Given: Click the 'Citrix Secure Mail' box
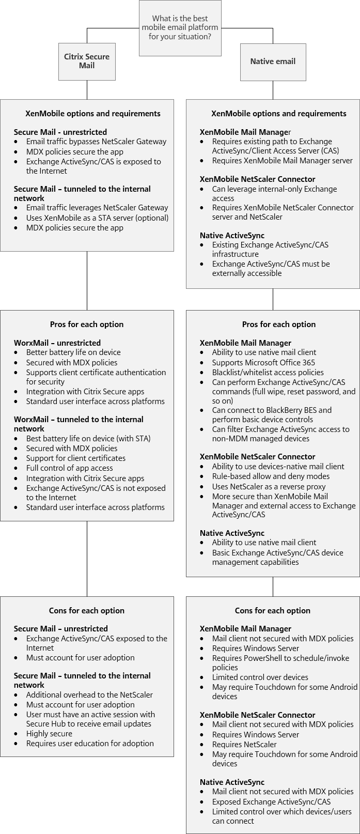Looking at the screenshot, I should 87,61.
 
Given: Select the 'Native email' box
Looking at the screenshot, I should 273,61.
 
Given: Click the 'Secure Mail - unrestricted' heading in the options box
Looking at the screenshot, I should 60,132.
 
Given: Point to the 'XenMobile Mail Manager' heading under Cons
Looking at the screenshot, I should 245,629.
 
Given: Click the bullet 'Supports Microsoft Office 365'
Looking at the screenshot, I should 263,363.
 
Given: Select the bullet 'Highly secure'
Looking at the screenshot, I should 49,734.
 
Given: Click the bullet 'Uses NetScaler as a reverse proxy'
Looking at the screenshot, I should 269,487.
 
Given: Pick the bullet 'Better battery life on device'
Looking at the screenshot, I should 73,352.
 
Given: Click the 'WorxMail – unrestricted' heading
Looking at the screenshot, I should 57,343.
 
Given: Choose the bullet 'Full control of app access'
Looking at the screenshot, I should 69,468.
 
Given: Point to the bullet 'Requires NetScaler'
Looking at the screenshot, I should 244,745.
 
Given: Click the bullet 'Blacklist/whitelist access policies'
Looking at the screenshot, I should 268,373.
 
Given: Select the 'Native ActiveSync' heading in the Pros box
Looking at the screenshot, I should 232,533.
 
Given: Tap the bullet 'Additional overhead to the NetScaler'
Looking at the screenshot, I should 89,695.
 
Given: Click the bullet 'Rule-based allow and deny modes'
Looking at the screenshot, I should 271,476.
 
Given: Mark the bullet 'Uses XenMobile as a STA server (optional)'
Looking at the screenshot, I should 97,218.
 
